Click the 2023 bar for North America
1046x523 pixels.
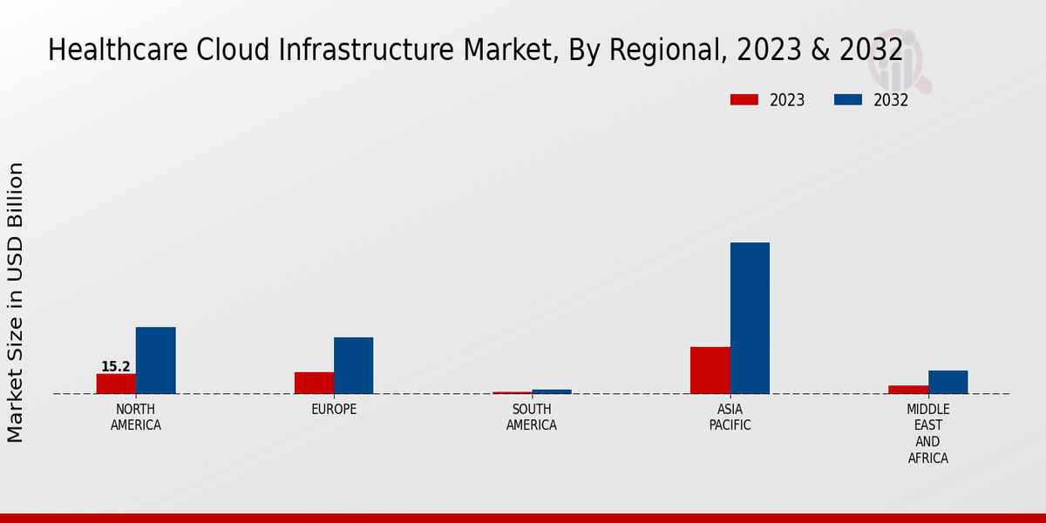point(116,384)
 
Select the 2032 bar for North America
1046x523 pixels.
point(155,360)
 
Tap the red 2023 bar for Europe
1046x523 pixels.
point(314,383)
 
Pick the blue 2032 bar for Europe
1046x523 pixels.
point(353,365)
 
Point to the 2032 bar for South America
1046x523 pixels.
point(552,391)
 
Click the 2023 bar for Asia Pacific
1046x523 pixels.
point(710,370)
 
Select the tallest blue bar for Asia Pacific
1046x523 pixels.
point(750,318)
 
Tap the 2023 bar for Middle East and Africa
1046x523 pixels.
point(908,389)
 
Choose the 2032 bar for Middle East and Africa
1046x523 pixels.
point(948,382)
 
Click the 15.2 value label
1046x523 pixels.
point(115,367)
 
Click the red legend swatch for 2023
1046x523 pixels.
point(744,99)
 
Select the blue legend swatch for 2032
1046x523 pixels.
point(847,99)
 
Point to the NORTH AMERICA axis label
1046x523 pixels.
point(136,418)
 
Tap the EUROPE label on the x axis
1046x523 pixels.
point(334,410)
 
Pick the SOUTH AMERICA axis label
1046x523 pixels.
point(532,418)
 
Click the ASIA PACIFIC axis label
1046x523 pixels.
point(730,418)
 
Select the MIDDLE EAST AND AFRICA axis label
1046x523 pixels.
point(928,433)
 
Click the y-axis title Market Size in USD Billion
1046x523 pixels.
point(16,302)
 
